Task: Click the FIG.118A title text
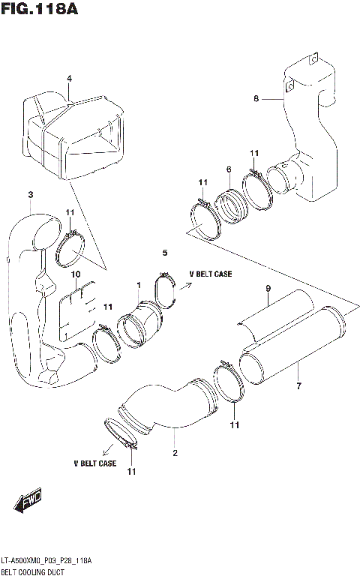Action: tap(39, 10)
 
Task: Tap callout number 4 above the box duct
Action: tap(69, 79)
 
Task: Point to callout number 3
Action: tap(30, 195)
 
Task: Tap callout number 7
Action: tap(298, 386)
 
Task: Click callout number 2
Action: tap(175, 453)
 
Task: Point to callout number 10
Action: tap(76, 274)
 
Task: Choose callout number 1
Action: tap(139, 284)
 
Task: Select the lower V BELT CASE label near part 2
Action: tap(94, 463)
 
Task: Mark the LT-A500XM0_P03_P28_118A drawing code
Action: tap(46, 560)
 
